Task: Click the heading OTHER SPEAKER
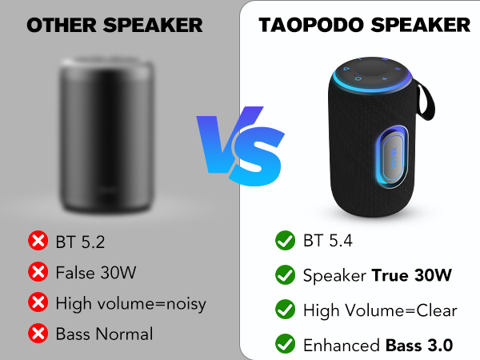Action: (114, 25)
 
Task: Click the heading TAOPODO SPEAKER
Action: (364, 25)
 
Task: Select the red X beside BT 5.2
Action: (37, 240)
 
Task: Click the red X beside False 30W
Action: (37, 272)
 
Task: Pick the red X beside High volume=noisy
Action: (37, 303)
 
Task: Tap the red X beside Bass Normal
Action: (37, 334)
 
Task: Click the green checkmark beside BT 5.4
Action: (284, 240)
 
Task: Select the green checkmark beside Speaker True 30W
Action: (284, 275)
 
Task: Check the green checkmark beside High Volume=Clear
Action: (284, 310)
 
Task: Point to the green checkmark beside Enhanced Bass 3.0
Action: (284, 345)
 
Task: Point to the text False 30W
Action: (96, 272)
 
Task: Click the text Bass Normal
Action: (104, 334)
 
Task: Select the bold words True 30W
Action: (412, 275)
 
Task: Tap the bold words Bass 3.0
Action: (420, 345)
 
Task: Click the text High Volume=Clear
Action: (380, 310)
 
